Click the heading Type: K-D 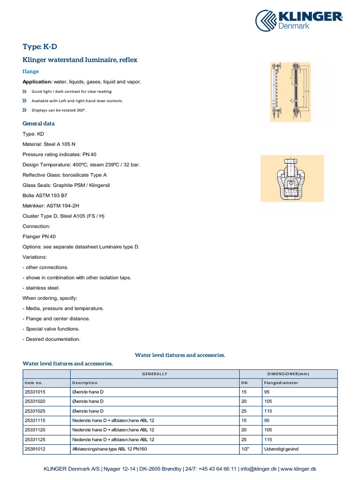(x=40, y=46)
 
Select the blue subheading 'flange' (x=31, y=71)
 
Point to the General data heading (x=38, y=124)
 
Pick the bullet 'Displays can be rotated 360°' (x=59, y=110)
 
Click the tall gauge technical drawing (x=290, y=92)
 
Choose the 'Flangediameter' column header (x=281, y=383)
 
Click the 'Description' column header (x=85, y=383)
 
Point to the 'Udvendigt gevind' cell (x=281, y=449)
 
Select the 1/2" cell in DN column (x=245, y=449)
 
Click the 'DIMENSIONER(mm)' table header (x=288, y=374)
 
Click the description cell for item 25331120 (x=113, y=430)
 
